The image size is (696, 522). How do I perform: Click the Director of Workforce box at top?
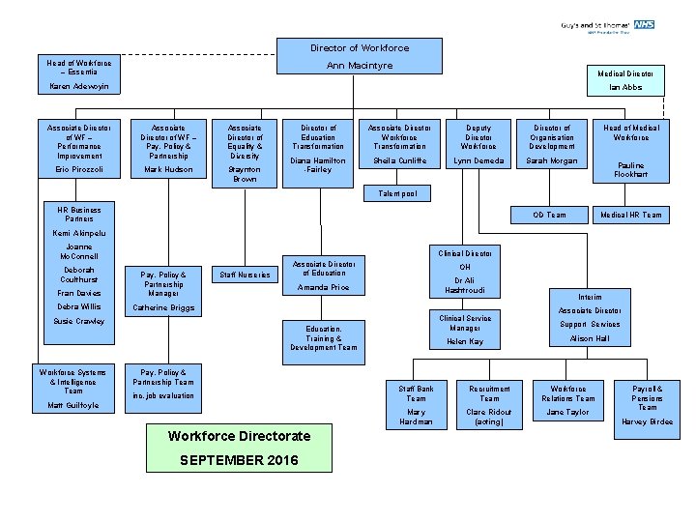pos(359,47)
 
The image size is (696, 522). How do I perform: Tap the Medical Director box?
pos(625,73)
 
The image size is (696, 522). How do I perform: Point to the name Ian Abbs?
pos(625,87)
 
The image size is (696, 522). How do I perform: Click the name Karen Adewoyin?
pos(79,87)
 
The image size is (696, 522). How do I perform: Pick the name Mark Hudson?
pos(168,169)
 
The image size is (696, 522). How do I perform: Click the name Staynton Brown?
pos(244,174)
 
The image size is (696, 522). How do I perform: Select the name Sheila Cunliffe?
pos(398,161)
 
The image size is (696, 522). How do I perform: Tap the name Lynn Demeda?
pos(478,161)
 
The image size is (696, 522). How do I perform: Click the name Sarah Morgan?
pos(551,161)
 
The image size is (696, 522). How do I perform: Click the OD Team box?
pos(551,215)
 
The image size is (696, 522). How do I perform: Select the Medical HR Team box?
pos(631,215)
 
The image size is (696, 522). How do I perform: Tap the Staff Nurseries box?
pos(244,275)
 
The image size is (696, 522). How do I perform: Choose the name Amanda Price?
pos(324,288)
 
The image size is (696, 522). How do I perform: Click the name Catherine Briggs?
pos(162,308)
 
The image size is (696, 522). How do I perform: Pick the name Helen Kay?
pos(465,342)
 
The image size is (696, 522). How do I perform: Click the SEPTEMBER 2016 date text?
pos(239,460)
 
